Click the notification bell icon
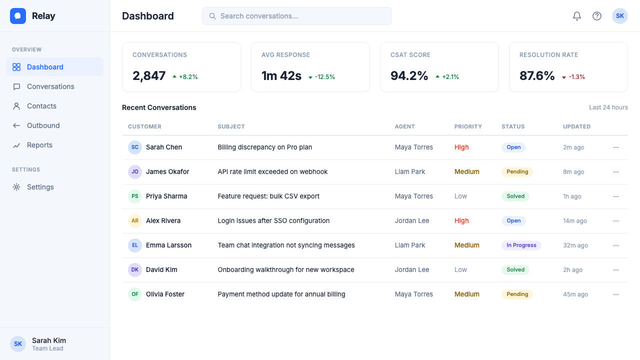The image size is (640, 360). (577, 16)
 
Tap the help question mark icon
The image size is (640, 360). (597, 16)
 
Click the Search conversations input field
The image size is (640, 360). (297, 16)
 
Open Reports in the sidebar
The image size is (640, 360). (39, 145)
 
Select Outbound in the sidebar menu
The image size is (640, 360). (43, 125)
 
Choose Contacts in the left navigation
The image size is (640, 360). (41, 106)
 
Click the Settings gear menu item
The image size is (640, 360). (40, 187)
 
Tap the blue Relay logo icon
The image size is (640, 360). (18, 16)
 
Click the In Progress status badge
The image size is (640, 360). (521, 245)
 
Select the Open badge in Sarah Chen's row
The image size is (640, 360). (513, 147)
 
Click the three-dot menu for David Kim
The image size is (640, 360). (615, 270)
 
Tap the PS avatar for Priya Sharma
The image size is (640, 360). (135, 196)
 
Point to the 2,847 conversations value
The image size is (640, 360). (149, 76)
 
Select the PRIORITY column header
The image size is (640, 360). (468, 126)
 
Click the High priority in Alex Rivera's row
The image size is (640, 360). (461, 221)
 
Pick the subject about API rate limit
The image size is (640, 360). (272, 172)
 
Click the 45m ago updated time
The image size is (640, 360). (575, 294)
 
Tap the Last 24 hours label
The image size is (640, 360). (608, 107)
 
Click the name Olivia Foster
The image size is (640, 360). (165, 294)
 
